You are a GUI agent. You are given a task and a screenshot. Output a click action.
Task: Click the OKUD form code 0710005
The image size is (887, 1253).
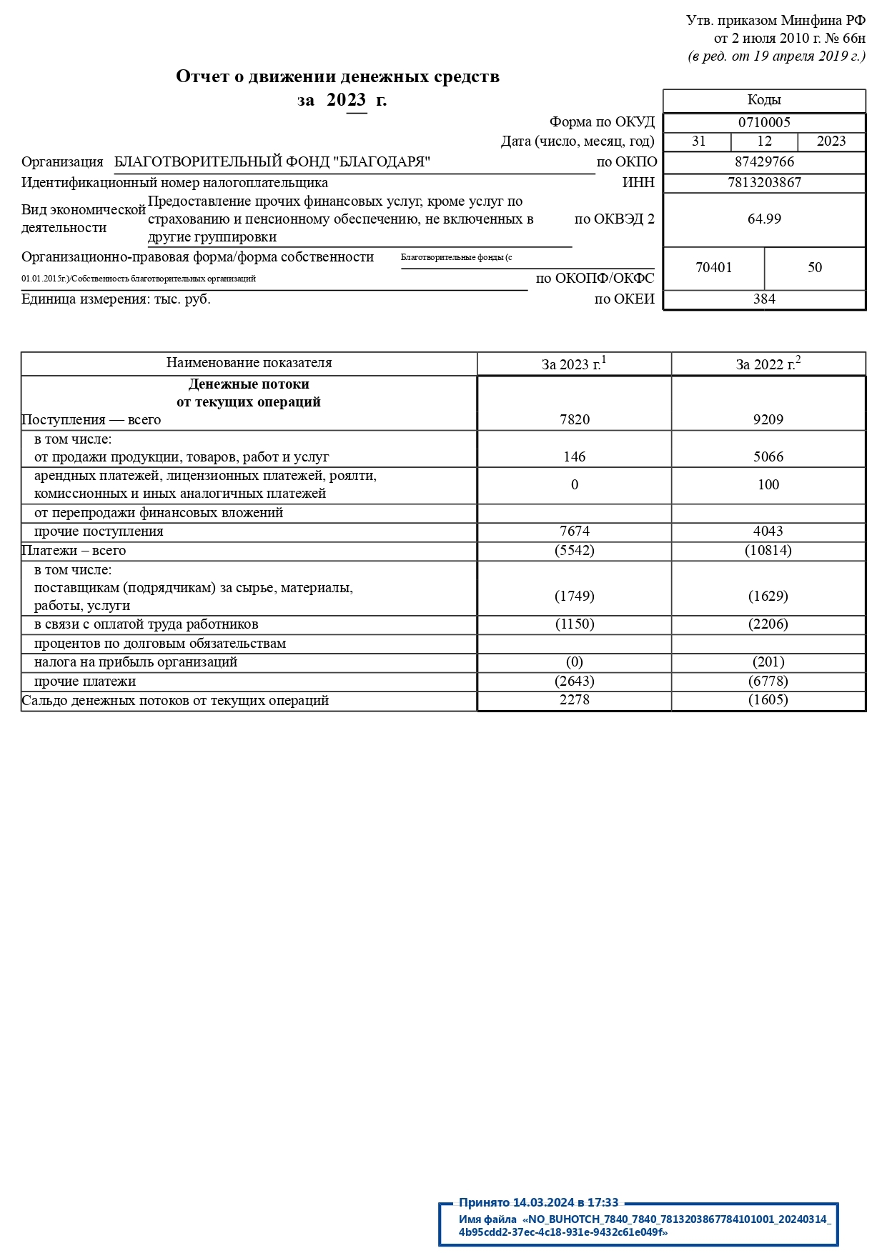tap(764, 122)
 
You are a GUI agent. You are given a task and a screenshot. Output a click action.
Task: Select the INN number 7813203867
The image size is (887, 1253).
tap(764, 183)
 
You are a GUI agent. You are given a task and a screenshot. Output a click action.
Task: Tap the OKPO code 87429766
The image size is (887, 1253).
tap(764, 162)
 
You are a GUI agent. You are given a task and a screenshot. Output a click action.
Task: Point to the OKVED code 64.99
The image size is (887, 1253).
tap(764, 219)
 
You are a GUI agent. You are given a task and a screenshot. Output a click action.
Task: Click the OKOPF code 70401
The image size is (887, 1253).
tap(713, 268)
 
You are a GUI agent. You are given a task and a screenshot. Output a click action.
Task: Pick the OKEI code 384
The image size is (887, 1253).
tap(764, 299)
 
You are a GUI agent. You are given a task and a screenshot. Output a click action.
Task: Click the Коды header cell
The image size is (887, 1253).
tap(764, 100)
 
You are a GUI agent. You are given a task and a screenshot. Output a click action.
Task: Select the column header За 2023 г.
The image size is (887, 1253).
tap(573, 364)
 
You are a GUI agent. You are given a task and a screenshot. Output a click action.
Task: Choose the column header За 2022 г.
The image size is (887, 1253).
tap(768, 364)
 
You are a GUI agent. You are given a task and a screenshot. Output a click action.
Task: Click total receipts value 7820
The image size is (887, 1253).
tap(575, 420)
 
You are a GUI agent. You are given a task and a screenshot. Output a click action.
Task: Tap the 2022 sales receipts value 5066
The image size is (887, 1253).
tap(768, 457)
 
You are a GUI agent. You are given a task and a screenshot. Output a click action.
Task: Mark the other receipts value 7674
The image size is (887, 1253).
tap(575, 531)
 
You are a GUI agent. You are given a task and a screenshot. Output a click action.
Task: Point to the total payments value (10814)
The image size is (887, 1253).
tap(768, 551)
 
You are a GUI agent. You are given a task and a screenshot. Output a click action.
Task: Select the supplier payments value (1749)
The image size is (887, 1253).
tap(575, 596)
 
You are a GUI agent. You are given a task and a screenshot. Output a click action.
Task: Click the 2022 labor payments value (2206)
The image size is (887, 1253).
tap(768, 624)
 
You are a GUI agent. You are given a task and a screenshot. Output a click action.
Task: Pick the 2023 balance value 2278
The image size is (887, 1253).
tap(575, 700)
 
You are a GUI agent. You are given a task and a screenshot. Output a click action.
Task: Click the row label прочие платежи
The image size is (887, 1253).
tap(85, 682)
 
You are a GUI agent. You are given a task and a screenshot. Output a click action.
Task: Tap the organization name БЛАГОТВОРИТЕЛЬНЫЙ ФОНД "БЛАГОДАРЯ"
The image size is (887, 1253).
tap(272, 162)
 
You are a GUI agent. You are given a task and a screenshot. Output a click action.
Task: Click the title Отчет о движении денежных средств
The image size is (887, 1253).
tap(337, 76)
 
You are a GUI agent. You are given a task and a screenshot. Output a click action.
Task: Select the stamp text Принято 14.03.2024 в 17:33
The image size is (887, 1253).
tap(538, 1203)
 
